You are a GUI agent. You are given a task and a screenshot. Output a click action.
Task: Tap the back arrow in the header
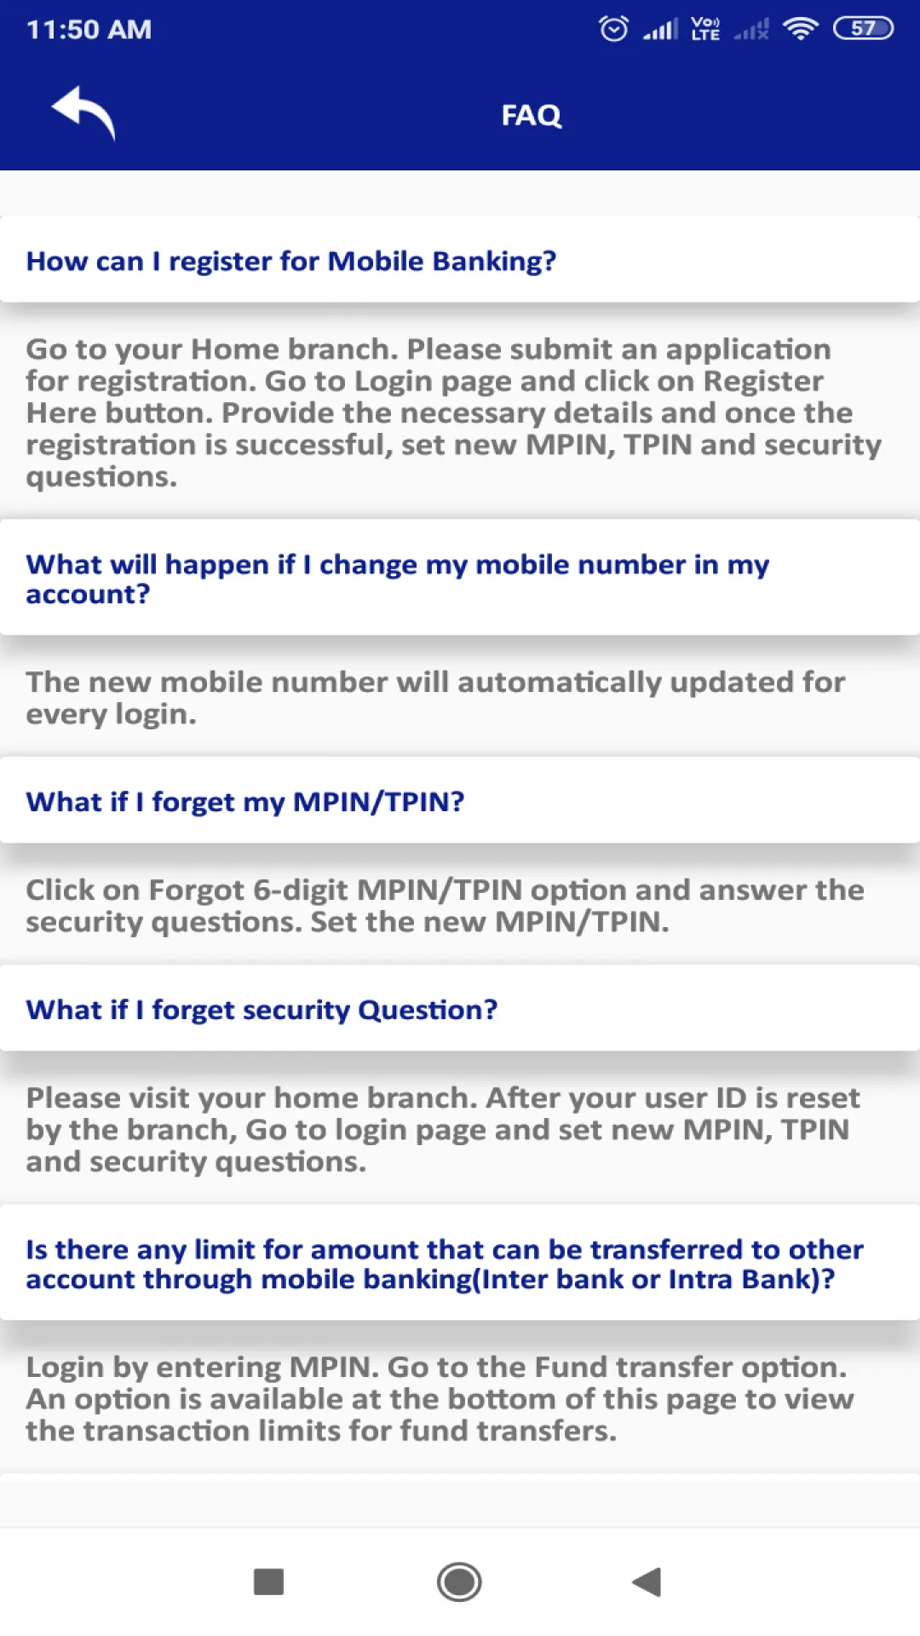pos(83,112)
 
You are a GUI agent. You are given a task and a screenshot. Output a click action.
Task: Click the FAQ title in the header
pos(532,115)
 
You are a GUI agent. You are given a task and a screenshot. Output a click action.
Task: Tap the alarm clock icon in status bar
pos(613,29)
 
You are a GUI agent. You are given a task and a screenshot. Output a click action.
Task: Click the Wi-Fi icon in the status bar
pos(801,29)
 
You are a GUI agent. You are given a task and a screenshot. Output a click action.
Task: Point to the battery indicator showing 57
pos(863,29)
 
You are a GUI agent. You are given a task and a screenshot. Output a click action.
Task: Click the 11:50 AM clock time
pos(89,30)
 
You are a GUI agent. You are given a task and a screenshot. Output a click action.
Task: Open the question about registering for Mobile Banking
pos(290,261)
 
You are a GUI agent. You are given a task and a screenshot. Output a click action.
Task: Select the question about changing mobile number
pos(397,579)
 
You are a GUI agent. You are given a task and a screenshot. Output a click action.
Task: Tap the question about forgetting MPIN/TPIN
pos(245,802)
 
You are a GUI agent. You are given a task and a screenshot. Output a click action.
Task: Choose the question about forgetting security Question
pos(262,1010)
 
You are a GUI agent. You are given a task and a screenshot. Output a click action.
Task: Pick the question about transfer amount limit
pos(445,1264)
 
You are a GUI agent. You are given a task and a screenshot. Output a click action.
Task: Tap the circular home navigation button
pos(459,1582)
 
